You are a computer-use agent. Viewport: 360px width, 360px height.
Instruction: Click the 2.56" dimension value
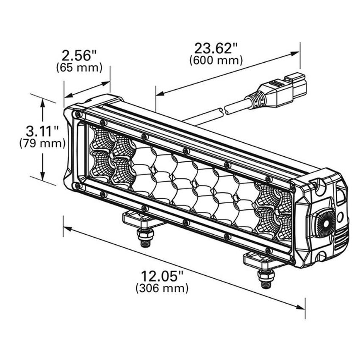click(x=79, y=55)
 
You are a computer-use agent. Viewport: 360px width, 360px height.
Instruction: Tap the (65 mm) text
click(x=79, y=68)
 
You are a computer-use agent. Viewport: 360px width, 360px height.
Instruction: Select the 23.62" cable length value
click(x=216, y=47)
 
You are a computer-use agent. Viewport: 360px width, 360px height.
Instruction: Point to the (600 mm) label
click(x=216, y=60)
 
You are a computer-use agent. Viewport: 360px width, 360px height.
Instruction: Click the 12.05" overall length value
click(x=162, y=277)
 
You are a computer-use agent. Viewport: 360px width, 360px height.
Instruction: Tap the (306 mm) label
click(x=162, y=289)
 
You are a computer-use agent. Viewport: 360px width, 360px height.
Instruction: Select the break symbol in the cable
click(x=223, y=111)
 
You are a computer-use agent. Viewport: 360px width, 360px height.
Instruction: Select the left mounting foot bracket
click(x=138, y=219)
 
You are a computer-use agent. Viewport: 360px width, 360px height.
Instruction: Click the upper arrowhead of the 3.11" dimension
click(x=42, y=102)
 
